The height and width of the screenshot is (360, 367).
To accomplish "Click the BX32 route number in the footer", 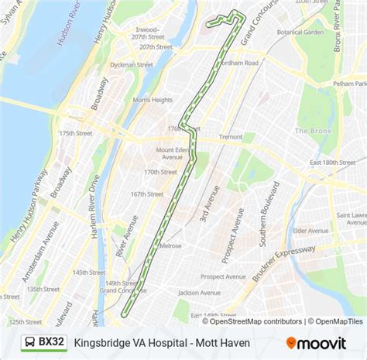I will (52, 341).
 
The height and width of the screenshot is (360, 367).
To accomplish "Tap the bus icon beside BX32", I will (28, 341).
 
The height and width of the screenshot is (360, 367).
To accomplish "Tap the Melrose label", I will (170, 245).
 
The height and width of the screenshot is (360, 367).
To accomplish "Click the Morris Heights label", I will (153, 100).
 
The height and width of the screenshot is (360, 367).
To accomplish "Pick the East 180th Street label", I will (331, 162).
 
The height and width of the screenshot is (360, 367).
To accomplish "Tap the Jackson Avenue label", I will (199, 293).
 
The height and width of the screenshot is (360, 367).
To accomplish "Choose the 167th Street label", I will (147, 194).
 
